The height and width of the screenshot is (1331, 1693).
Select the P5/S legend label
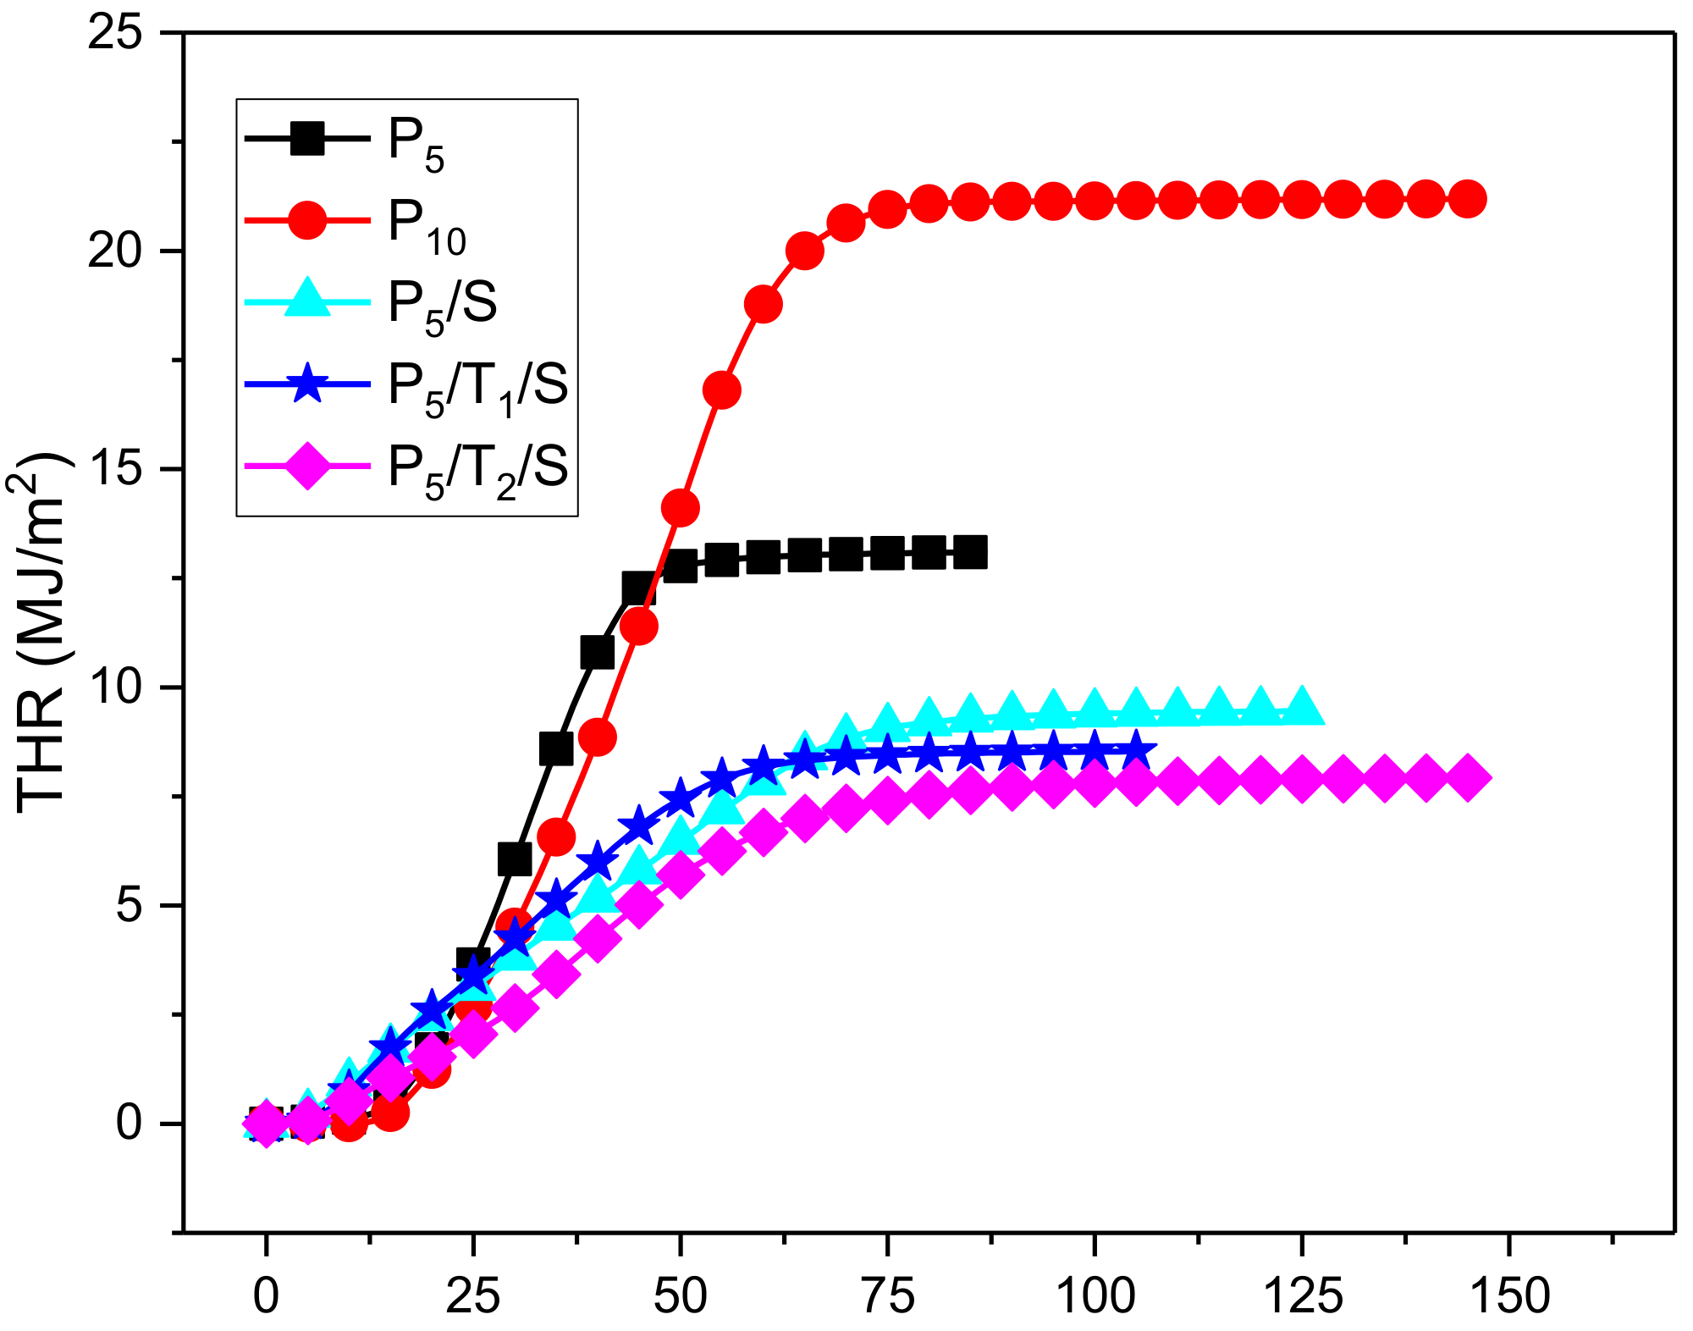pos(442,304)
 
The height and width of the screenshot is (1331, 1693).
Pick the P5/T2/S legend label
pos(477,468)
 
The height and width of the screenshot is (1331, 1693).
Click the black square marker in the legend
pos(307,138)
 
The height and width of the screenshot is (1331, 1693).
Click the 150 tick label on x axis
pos(1510,1295)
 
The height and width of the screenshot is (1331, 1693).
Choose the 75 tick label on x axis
pos(888,1295)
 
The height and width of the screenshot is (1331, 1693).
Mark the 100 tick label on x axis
pos(1095,1295)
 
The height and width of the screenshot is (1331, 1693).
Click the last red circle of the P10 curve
pos(1467,199)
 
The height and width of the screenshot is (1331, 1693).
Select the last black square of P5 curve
pos(970,552)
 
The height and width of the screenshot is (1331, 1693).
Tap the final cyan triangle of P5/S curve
pos(1301,707)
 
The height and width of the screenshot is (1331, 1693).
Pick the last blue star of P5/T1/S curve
pos(1136,749)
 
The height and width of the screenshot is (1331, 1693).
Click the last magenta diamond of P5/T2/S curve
pos(1467,777)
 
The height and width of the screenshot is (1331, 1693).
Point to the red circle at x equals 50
pos(680,507)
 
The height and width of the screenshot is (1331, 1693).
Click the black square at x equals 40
pos(597,652)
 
